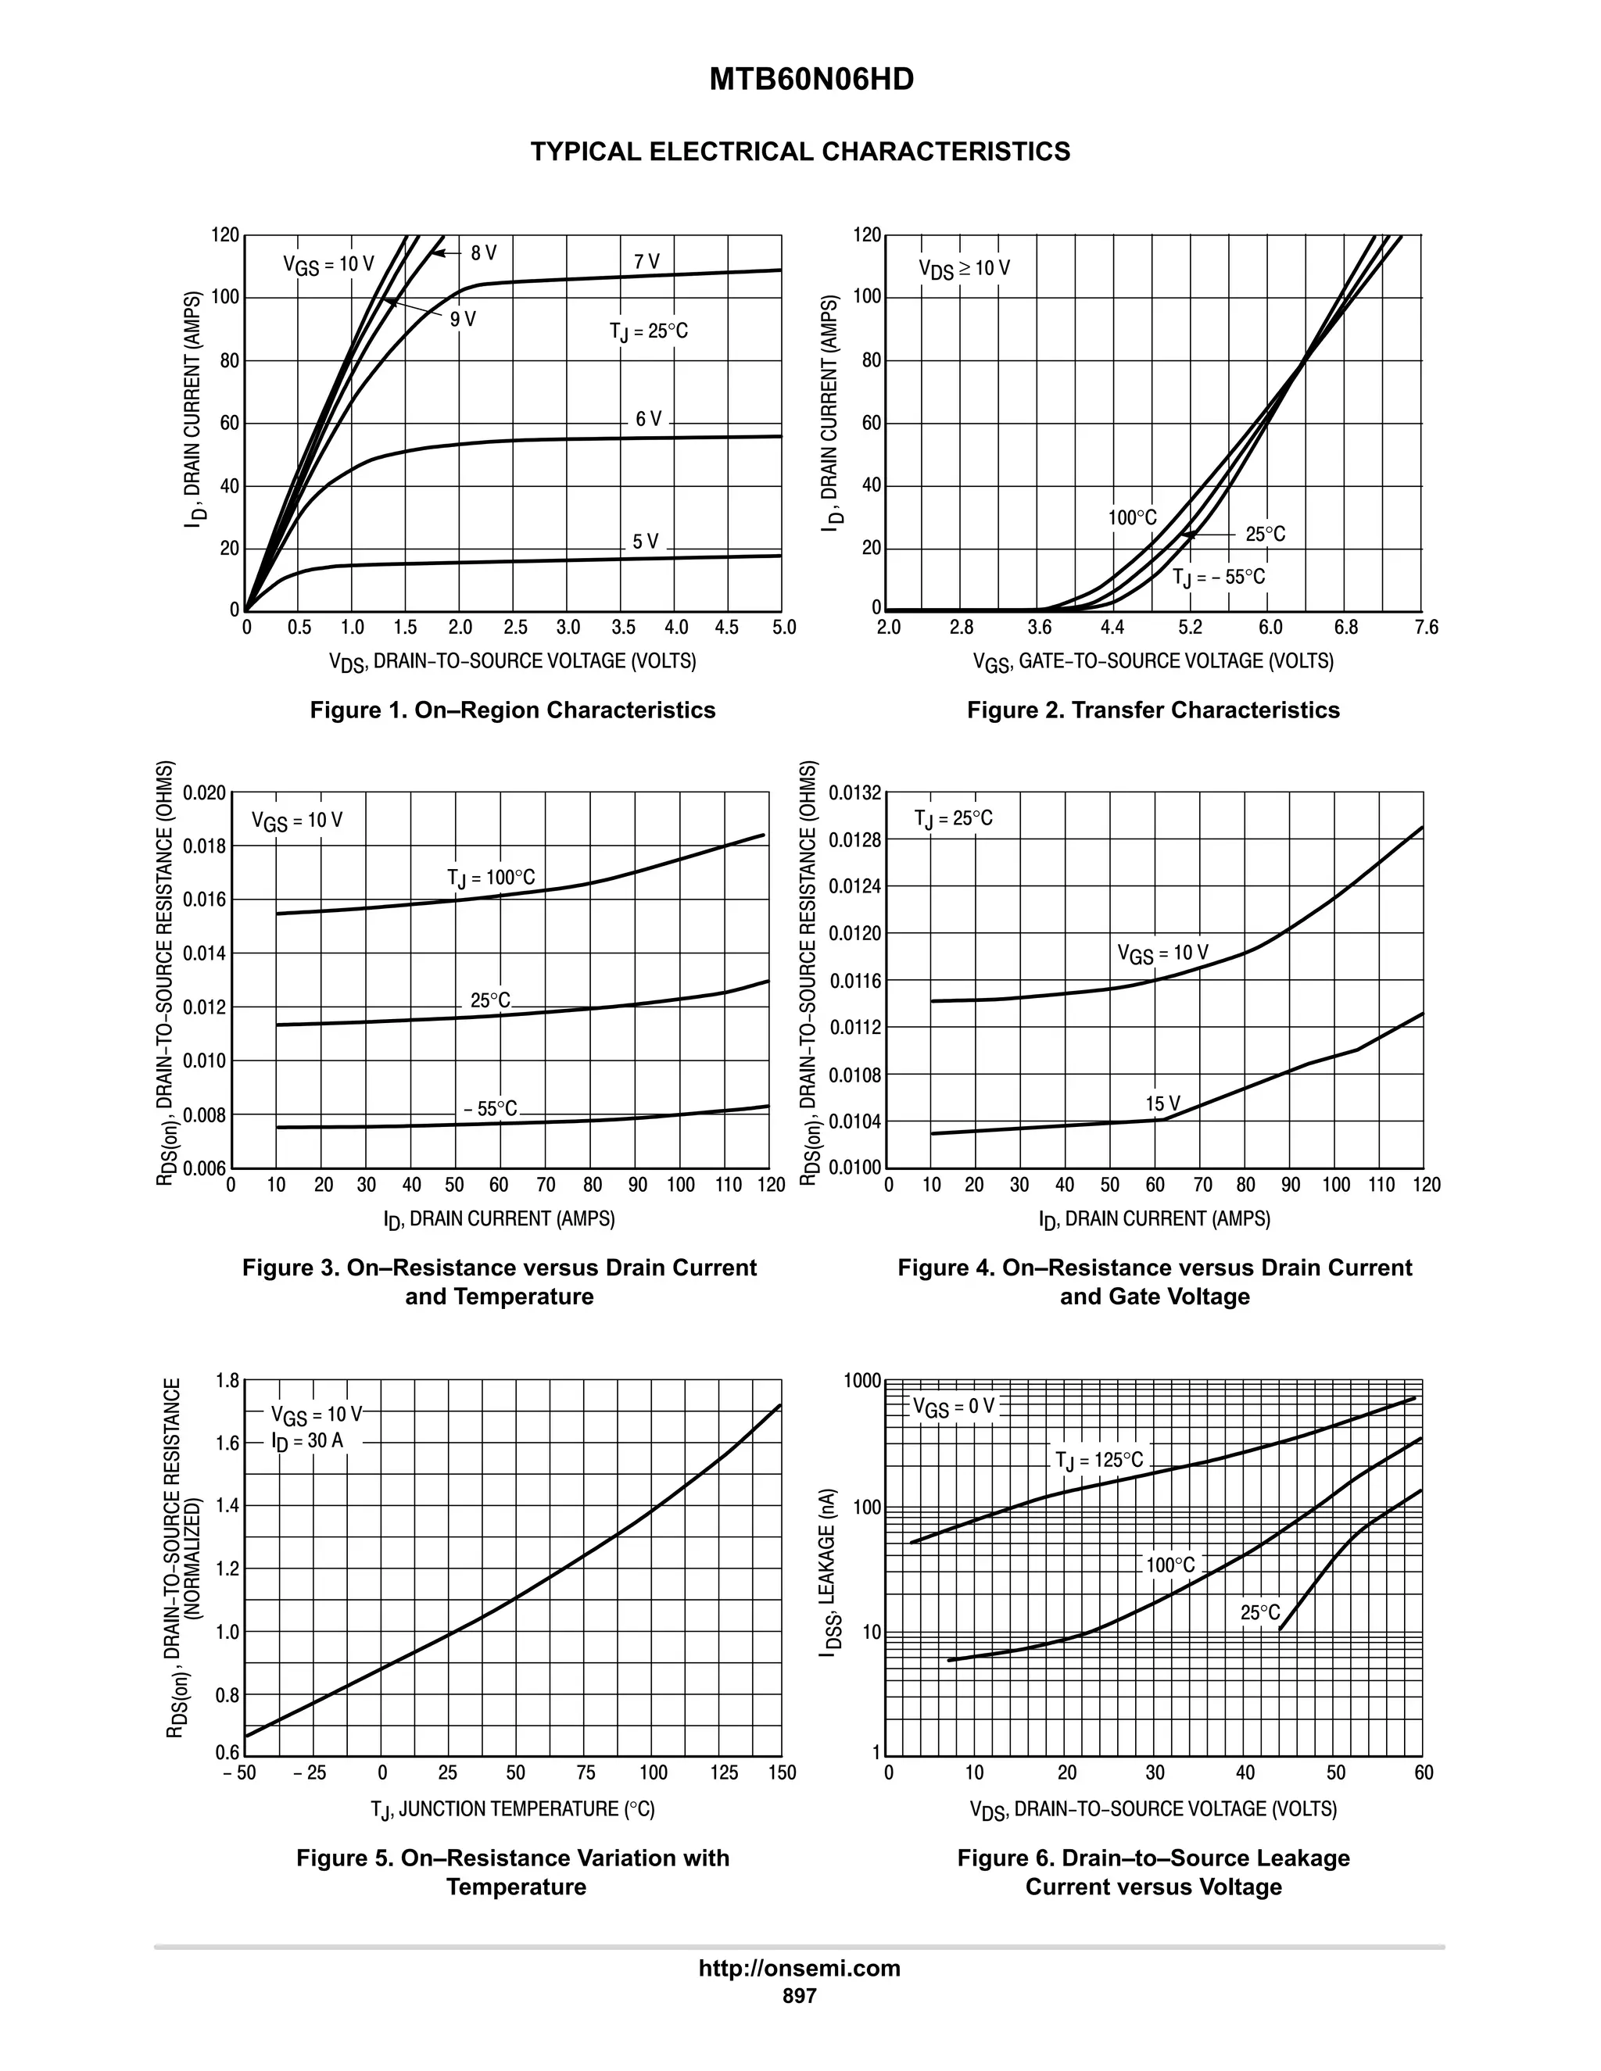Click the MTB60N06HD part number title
pos(811,80)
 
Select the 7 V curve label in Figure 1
pos(646,262)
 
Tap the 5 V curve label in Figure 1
pos(645,542)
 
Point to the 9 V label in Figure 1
pos(463,320)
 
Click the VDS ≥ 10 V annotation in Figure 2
pos(964,270)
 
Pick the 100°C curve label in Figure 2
pos(1133,517)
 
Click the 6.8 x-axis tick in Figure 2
pos(1345,628)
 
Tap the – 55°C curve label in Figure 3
pos(490,1108)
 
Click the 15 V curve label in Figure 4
pos(1162,1103)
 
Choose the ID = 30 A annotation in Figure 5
pos(307,1441)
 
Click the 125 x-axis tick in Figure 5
pos(724,1773)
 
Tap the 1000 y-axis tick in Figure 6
pos(862,1382)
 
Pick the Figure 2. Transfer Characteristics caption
pos(1153,710)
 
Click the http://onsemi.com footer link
pos(800,1969)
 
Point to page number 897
pos(800,1996)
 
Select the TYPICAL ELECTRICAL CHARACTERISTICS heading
pos(800,152)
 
